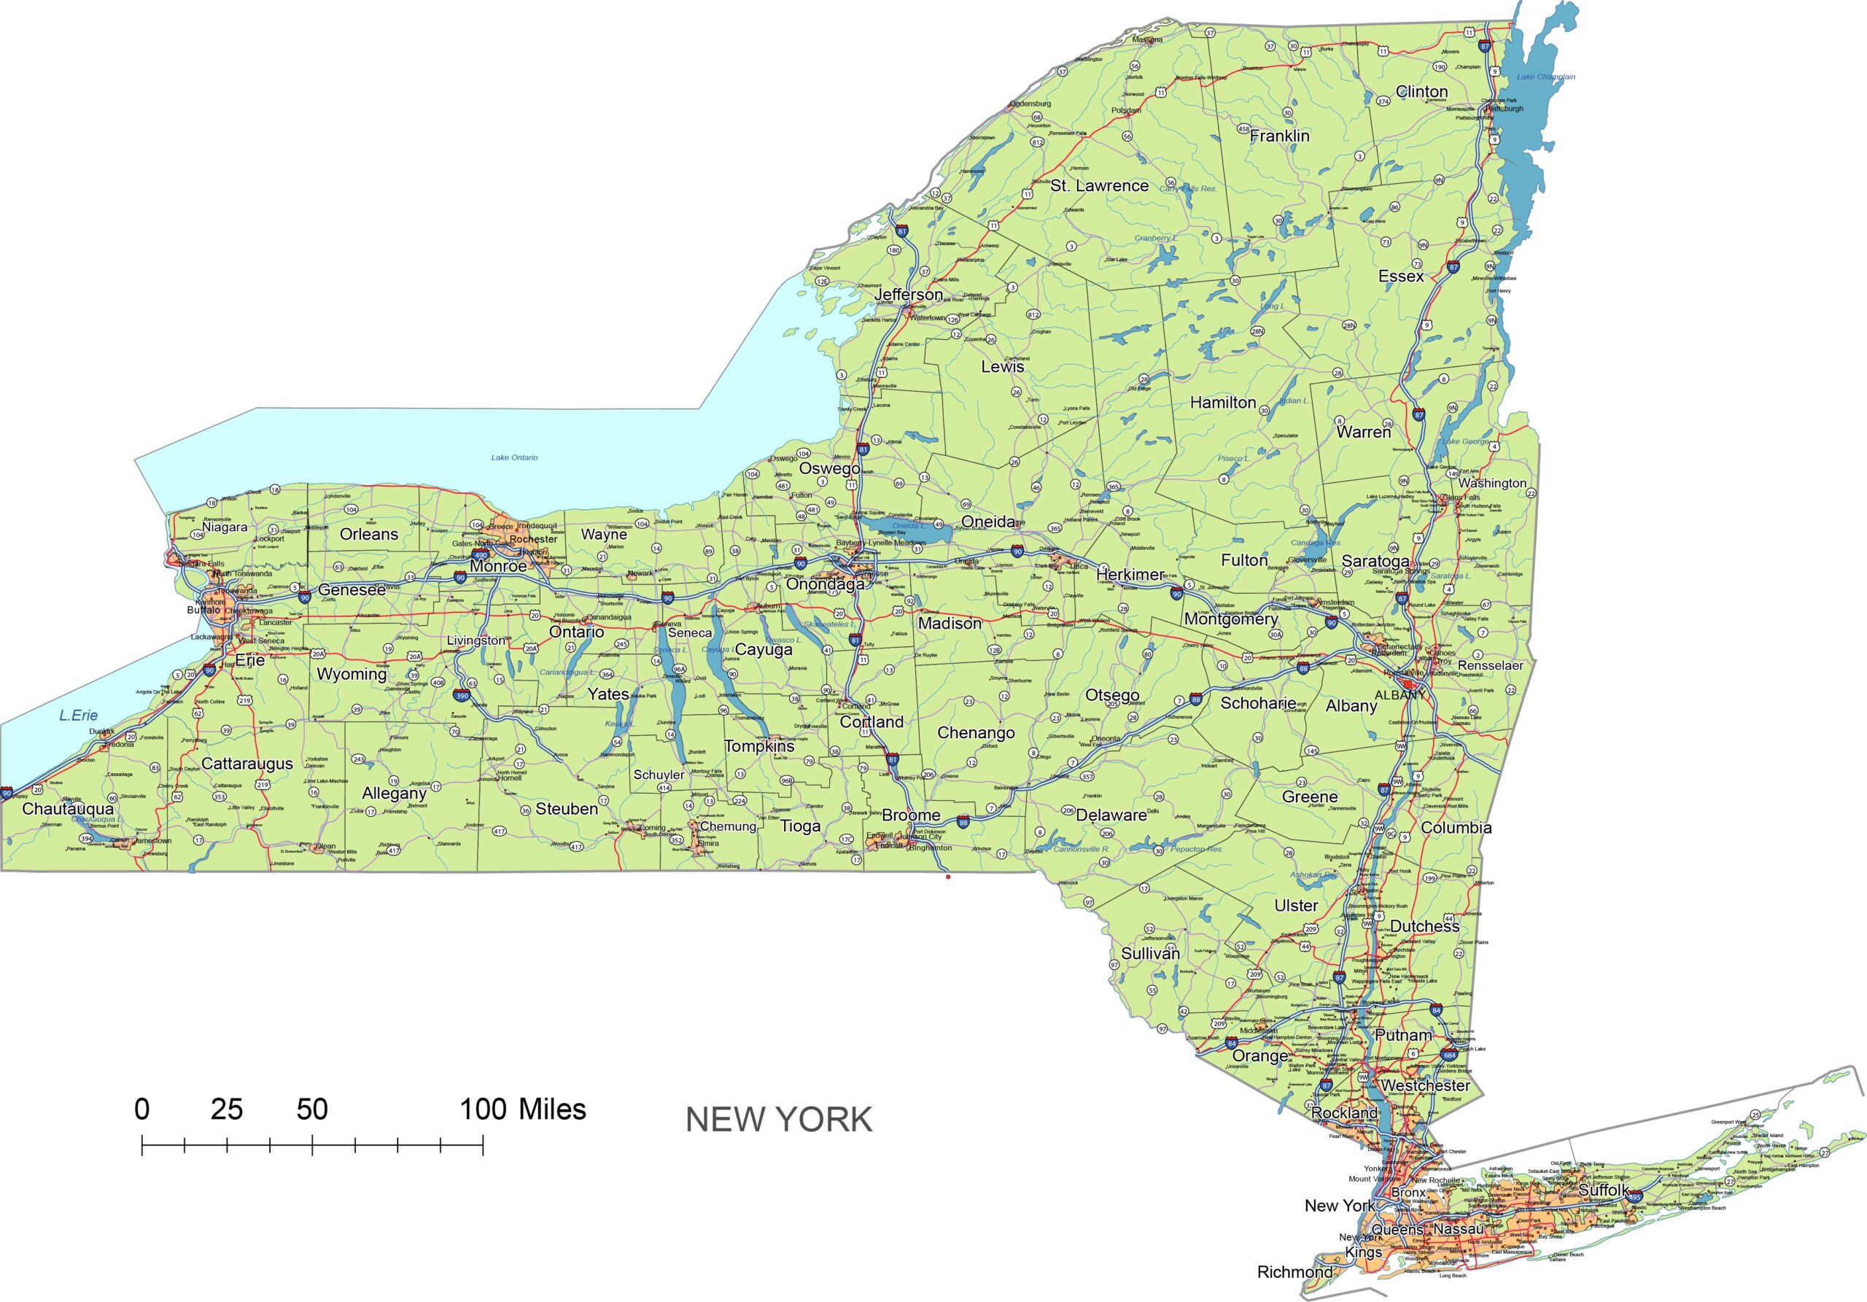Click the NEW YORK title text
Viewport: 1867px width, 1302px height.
[778, 1120]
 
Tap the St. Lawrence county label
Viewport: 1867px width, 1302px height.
[1098, 186]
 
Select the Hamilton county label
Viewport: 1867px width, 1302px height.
[1222, 403]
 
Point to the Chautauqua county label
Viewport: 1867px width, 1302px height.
[69, 808]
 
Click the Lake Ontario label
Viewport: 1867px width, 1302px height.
[514, 458]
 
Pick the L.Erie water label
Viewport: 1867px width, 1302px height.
[78, 716]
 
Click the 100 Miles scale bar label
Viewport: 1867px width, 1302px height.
[522, 1109]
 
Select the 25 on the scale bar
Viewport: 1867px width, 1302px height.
[226, 1109]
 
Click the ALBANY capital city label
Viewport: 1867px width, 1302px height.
[1399, 695]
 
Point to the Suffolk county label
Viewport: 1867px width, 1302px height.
[1604, 1190]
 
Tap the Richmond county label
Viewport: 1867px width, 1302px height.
[1295, 1272]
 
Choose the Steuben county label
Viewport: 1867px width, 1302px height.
[566, 808]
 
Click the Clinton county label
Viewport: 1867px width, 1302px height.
[1421, 92]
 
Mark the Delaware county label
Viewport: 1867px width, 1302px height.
[1111, 815]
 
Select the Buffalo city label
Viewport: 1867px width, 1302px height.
[203, 610]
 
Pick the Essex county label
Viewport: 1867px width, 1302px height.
[1400, 276]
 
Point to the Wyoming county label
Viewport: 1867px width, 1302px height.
[352, 674]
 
